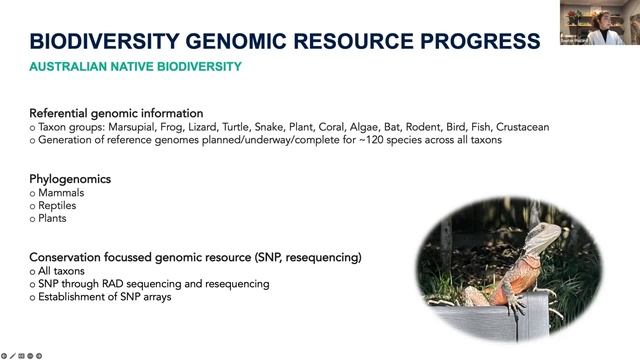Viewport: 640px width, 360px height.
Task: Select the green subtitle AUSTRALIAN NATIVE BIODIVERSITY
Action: tap(135, 67)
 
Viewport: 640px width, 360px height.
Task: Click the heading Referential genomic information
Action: tap(116, 113)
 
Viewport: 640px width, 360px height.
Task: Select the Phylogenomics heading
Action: tap(70, 178)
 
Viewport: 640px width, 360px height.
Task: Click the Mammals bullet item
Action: tap(61, 192)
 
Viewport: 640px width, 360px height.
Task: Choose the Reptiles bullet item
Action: tap(59, 205)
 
